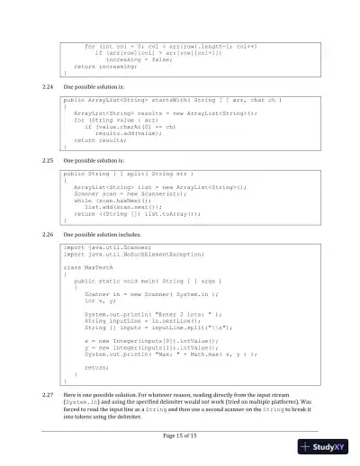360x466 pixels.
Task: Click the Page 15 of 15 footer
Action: tap(180, 435)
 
